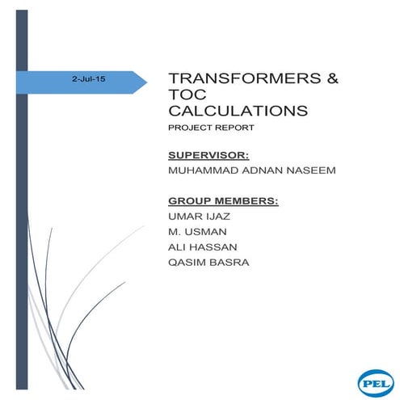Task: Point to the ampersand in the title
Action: click(331, 79)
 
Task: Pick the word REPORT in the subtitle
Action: click(230, 128)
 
